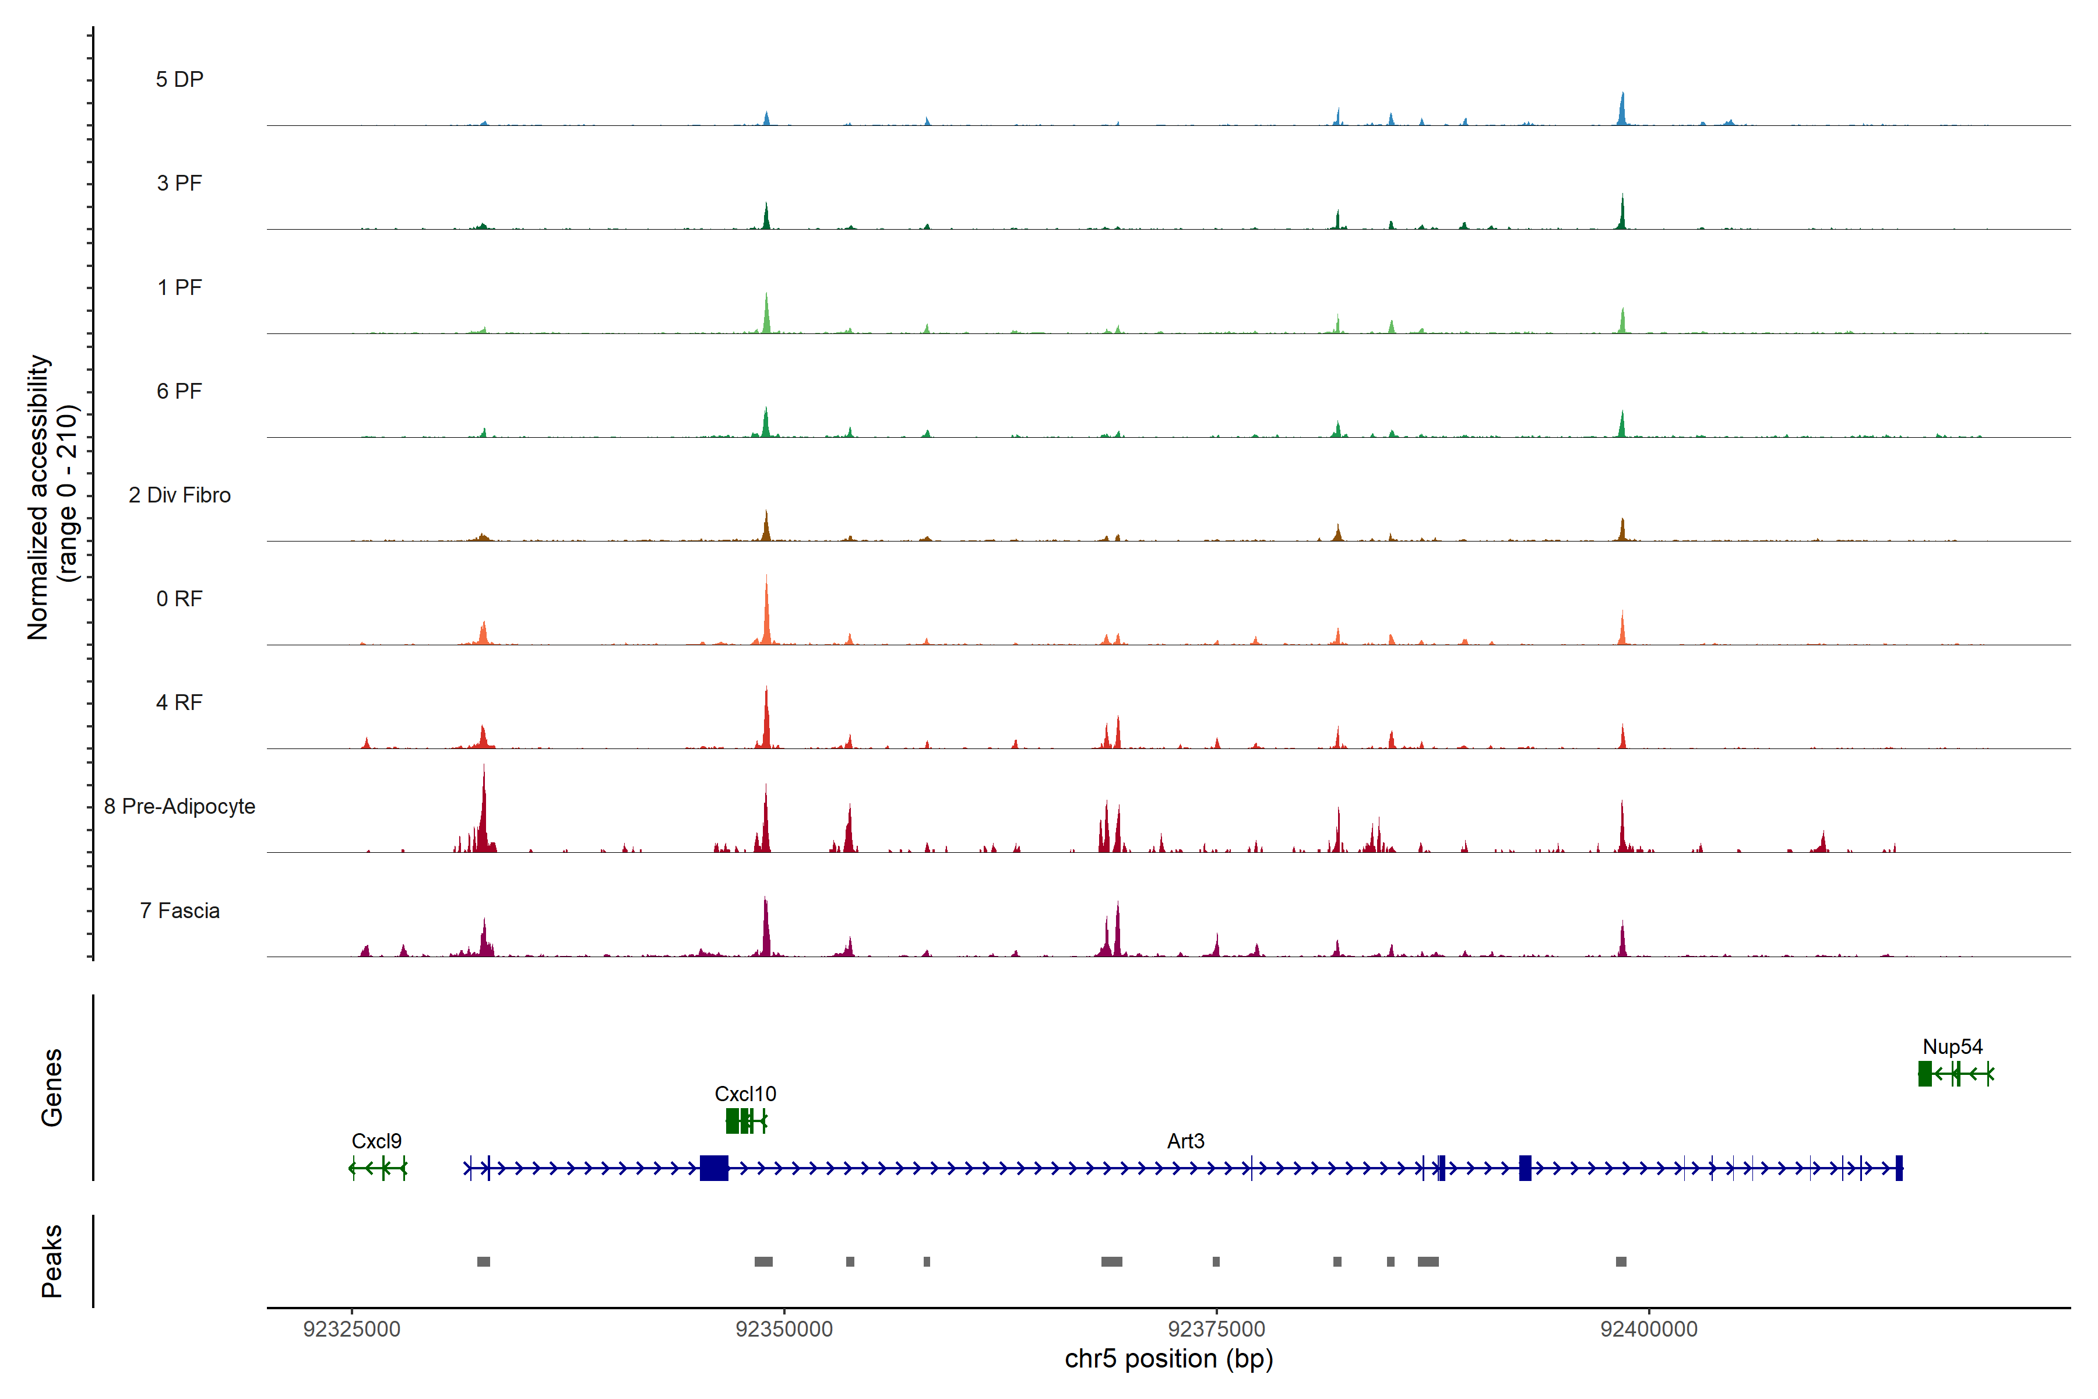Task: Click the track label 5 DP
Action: [179, 79]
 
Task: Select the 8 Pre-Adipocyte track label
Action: [179, 807]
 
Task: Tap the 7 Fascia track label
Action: [179, 911]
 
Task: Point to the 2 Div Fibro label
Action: [179, 495]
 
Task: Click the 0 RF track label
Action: [179, 599]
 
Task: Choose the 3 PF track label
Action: [179, 184]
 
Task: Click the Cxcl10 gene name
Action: [745, 1094]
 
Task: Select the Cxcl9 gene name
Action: [376, 1141]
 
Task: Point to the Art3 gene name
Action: [1185, 1141]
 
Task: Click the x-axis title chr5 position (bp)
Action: [1168, 1359]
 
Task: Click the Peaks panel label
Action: [52, 1261]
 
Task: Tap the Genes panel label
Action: [52, 1088]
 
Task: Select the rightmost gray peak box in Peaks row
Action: [1621, 1261]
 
